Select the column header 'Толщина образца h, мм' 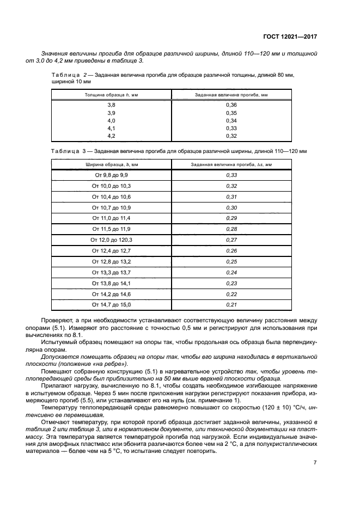(111, 94)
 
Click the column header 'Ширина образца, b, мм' (111, 164)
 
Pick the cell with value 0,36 (231, 105)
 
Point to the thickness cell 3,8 (111, 105)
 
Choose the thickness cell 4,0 (111, 120)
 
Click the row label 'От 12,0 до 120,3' (111, 240)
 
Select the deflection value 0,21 (231, 304)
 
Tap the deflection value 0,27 (231, 240)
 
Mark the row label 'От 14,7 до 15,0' (111, 304)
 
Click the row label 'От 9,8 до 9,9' (111, 175)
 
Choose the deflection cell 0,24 (231, 272)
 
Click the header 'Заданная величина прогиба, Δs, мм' (231, 164)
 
